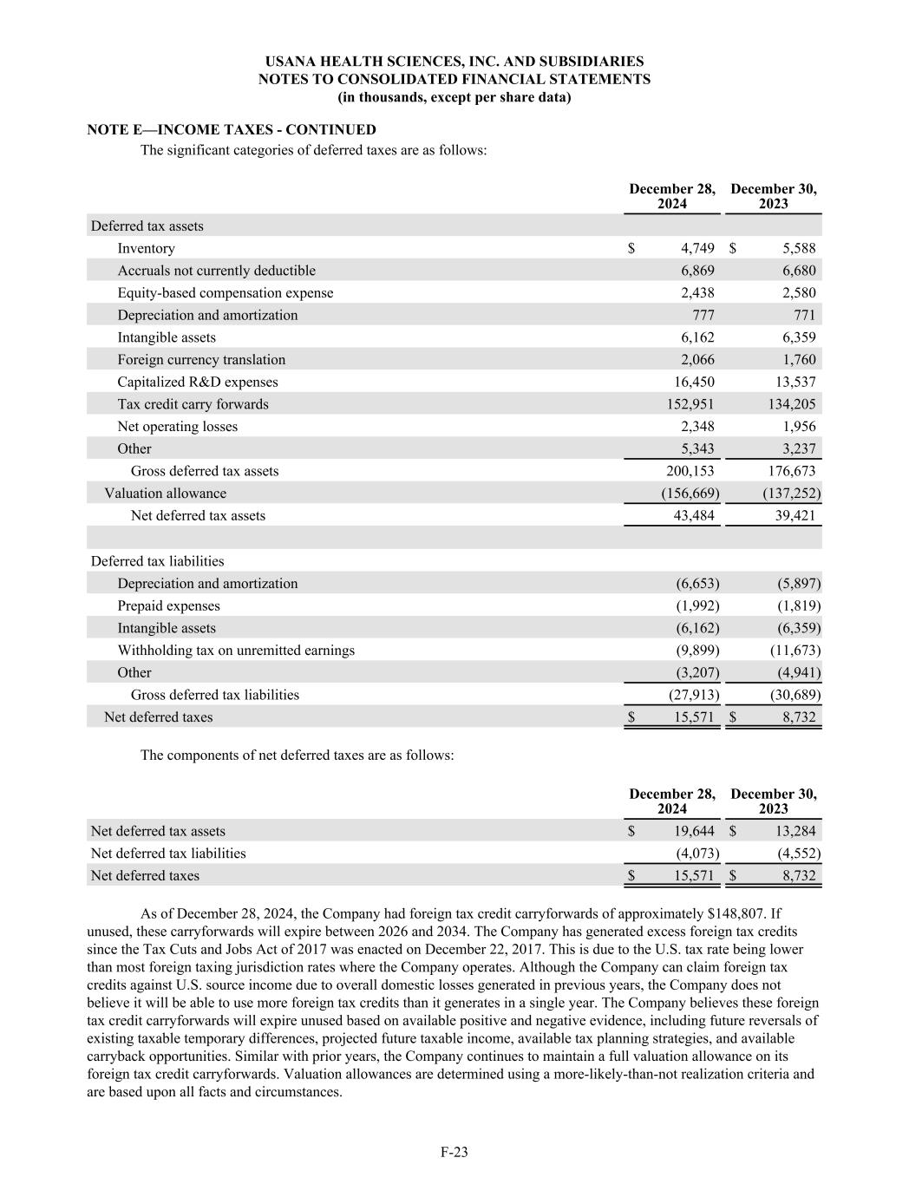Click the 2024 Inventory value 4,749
[x=697, y=249]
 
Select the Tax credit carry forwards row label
[x=193, y=404]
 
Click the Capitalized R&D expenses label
[x=198, y=382]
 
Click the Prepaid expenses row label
[x=168, y=605]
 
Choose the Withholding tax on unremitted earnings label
[x=236, y=650]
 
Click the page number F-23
[x=454, y=1152]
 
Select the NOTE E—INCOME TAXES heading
[x=232, y=130]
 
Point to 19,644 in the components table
[x=694, y=831]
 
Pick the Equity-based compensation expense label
[x=225, y=293]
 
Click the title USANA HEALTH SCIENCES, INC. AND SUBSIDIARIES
[x=454, y=62]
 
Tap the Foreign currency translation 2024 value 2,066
[x=697, y=360]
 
